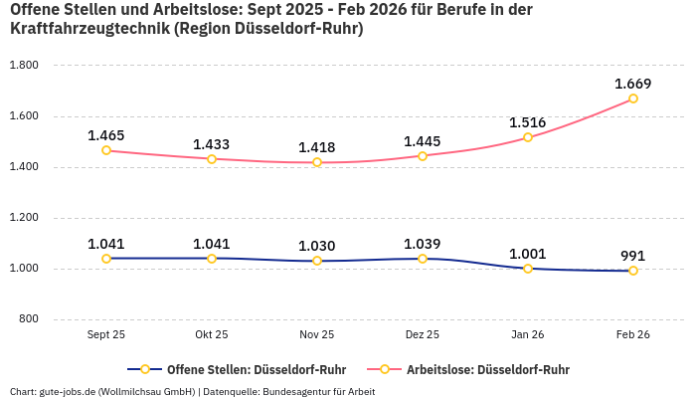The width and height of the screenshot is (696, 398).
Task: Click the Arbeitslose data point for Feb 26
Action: [x=633, y=99]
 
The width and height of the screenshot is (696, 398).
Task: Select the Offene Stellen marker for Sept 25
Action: [x=106, y=259]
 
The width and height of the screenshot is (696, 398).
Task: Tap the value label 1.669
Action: [x=633, y=84]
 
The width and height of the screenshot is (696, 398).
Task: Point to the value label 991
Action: [x=633, y=256]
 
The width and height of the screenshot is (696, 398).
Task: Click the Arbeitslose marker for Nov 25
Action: [x=317, y=162]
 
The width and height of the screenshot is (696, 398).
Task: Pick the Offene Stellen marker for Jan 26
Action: [x=528, y=269]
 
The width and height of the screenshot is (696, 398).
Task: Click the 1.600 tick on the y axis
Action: [x=23, y=116]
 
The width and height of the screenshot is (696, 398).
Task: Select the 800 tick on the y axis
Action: [x=28, y=319]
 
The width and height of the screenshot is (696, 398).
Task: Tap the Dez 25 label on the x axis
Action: [x=423, y=335]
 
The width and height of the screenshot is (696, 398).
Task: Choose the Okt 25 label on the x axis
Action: [x=212, y=335]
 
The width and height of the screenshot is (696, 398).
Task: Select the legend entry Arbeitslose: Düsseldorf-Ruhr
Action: [x=487, y=369]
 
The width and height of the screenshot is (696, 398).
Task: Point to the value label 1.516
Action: [x=528, y=122]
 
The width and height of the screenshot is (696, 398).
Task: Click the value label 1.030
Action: [x=317, y=246]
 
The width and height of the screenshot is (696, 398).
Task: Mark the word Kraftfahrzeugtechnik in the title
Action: [x=87, y=29]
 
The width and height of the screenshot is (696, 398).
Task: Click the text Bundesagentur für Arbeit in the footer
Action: [x=320, y=391]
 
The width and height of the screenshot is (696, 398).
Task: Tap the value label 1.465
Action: [x=106, y=135]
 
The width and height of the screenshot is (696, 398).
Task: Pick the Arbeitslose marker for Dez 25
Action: [x=423, y=156]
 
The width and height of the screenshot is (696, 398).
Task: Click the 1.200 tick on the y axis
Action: [x=23, y=218]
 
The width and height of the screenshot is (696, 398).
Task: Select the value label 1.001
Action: [x=528, y=254]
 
